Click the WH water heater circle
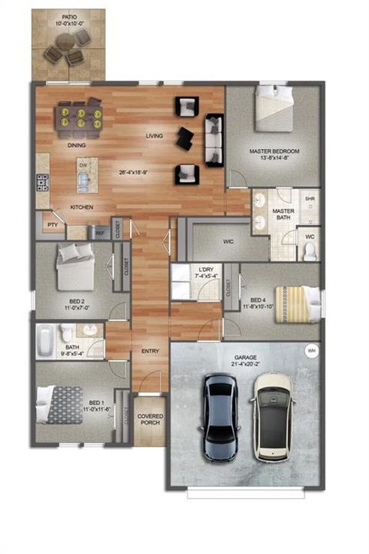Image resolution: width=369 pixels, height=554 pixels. coord(311,350)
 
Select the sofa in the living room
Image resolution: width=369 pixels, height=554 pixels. coord(213,140)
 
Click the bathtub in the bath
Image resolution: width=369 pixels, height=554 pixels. coord(46,336)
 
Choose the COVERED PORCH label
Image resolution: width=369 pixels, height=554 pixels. coord(150,420)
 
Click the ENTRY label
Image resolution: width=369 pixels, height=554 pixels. coord(150,351)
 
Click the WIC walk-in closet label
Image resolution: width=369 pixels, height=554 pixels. coord(228,241)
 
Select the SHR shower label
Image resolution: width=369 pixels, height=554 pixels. coord(310,198)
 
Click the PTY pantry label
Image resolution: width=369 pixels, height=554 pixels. coord(52,225)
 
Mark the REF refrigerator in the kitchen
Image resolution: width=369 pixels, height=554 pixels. coord(99,231)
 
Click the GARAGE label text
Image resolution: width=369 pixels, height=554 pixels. coord(244,357)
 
